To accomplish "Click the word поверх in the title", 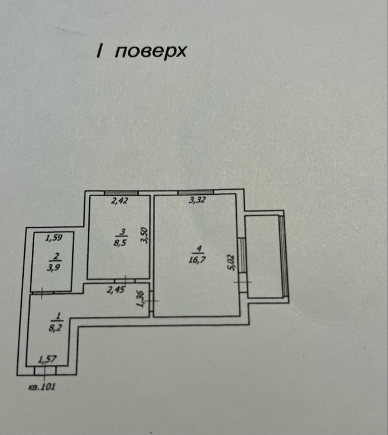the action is point(151,52).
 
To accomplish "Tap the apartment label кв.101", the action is point(42,386).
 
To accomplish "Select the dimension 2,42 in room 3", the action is point(120,200).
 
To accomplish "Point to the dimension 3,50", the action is point(144,235).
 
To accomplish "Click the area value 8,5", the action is point(120,243).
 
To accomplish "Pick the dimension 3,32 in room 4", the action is point(197,200).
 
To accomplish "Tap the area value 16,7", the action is point(197,260).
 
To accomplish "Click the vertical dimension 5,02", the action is point(231,263).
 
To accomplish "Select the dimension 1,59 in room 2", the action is point(54,238).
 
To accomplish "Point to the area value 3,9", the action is point(54,268).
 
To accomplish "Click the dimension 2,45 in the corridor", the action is point(116,290).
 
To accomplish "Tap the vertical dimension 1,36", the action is point(140,299).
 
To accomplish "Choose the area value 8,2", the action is point(55,328).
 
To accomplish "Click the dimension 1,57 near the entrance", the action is point(47,360).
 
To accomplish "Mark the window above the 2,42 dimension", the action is point(121,193).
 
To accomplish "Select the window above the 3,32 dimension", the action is point(196,192).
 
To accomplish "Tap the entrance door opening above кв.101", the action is point(45,370).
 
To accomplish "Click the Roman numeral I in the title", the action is point(99,51).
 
